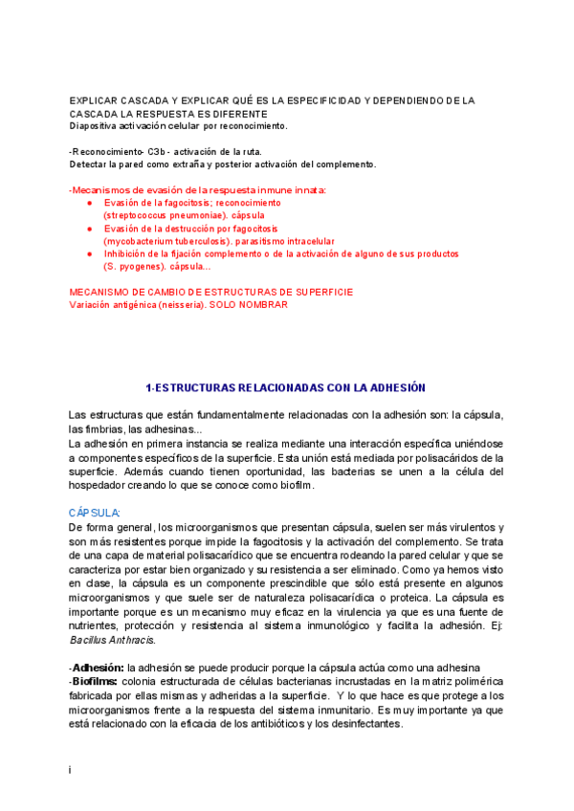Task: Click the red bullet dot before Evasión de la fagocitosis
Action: click(89, 204)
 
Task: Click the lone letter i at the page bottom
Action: click(71, 769)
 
